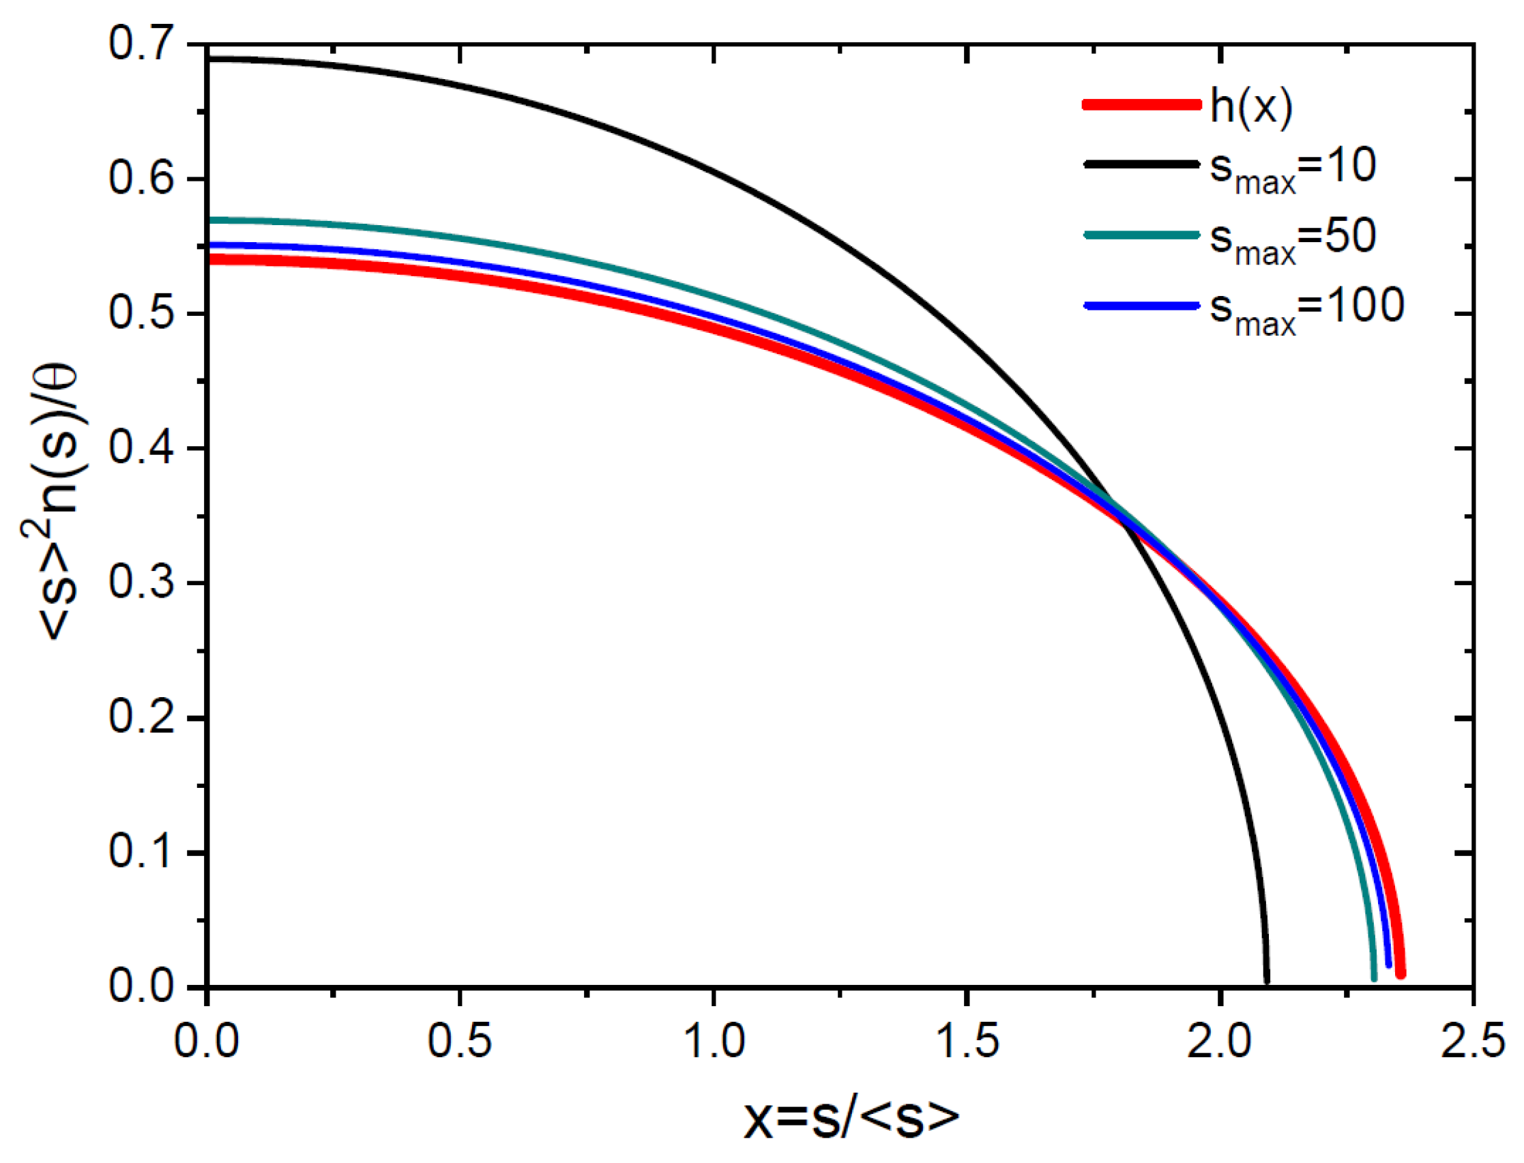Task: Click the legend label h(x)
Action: pos(1250,107)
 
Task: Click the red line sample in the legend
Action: pos(1141,104)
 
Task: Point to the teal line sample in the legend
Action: pos(1141,235)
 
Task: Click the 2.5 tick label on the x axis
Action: pos(1472,1040)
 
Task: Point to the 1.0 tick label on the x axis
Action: pos(713,1040)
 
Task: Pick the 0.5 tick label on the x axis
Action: pos(460,1040)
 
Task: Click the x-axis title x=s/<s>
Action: pos(851,1119)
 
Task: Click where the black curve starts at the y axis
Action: pos(209,59)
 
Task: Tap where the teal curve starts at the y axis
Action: pos(209,220)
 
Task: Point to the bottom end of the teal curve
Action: pos(1374,977)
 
